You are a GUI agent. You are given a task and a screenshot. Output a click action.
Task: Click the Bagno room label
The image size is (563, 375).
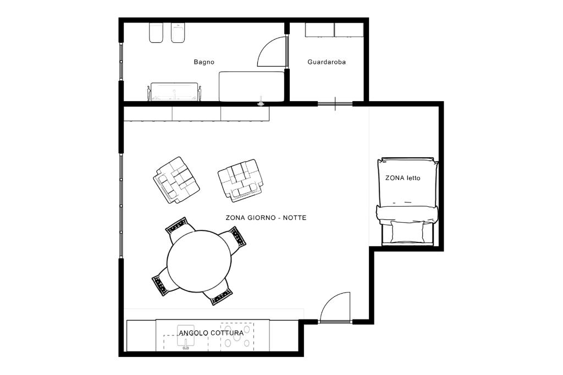pos(204,62)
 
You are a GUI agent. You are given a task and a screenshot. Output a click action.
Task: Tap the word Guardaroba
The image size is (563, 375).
pos(327,62)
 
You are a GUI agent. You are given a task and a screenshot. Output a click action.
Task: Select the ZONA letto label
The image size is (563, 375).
pos(402,178)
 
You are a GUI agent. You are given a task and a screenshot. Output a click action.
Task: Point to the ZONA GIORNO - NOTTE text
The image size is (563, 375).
pos(266,218)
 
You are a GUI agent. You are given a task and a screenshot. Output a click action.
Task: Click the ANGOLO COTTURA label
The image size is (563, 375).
pos(211,333)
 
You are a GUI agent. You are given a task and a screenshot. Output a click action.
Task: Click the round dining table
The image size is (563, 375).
pos(199,262)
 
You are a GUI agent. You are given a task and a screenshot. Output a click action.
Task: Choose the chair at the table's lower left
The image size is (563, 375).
pos(165,282)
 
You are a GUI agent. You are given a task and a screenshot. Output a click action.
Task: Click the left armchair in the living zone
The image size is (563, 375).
pos(176,180)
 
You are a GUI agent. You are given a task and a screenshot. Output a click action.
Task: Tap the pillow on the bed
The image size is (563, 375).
pos(407,231)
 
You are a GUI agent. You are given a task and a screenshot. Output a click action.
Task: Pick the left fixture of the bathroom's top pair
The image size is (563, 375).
pos(156,33)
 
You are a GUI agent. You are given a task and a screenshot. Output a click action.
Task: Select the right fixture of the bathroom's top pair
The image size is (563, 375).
pos(178,33)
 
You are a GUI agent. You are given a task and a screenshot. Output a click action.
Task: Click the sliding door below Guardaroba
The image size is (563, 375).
pos(335,104)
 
